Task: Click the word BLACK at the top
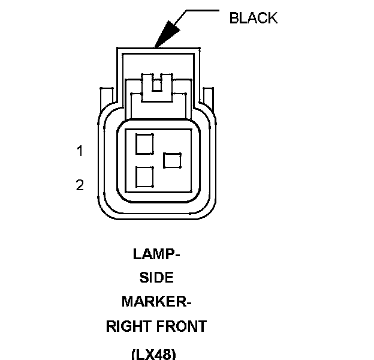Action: [x=254, y=18]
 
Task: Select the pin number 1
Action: [x=80, y=151]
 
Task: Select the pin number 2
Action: [x=80, y=185]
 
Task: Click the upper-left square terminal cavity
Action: [x=144, y=144]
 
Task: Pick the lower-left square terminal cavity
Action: [x=144, y=176]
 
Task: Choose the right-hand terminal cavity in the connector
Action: [x=172, y=160]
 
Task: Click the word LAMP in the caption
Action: [x=153, y=254]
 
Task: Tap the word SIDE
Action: [x=156, y=278]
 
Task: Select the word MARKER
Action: [x=153, y=302]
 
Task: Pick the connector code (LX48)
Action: [x=153, y=353]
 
